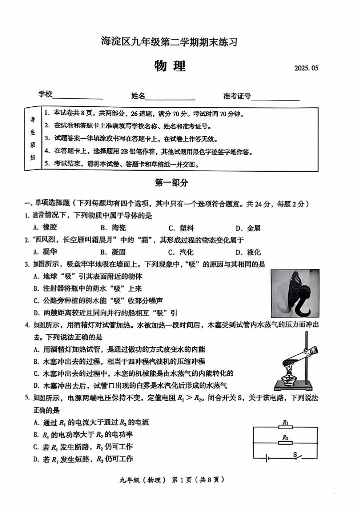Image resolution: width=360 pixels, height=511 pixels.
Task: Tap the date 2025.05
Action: pyautogui.click(x=306, y=69)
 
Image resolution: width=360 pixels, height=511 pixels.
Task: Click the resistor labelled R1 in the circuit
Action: pyautogui.click(x=286, y=428)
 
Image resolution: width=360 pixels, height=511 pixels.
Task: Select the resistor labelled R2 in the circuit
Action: pyautogui.click(x=286, y=443)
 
